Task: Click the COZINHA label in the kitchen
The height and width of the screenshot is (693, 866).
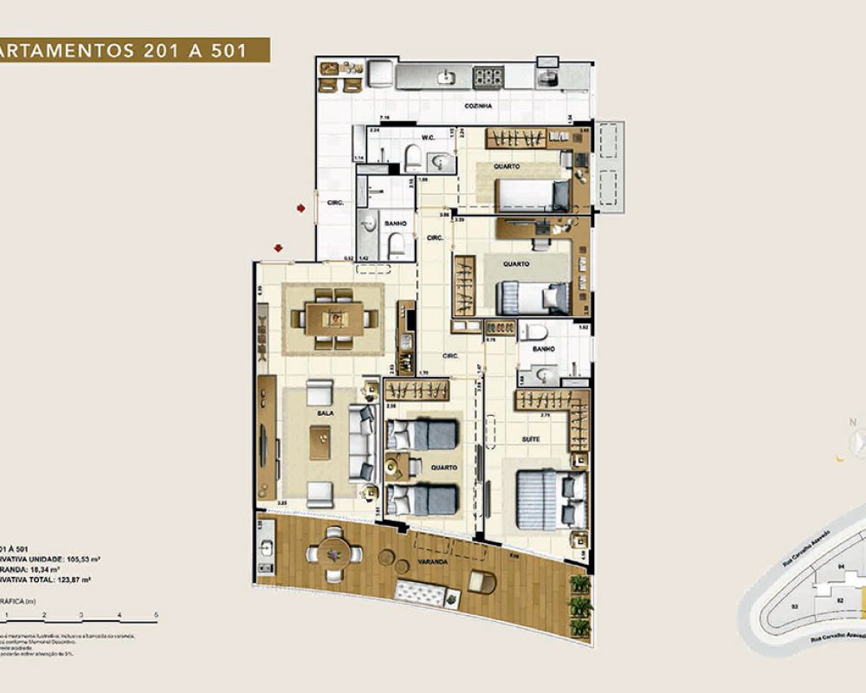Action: (478, 106)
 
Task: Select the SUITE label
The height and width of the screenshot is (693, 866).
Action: (531, 440)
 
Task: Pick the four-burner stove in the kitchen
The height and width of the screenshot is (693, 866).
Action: (488, 77)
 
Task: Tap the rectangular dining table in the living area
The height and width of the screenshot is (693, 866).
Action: (334, 318)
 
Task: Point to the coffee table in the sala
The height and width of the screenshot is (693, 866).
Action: (320, 443)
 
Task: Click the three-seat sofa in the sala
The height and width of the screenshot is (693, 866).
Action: (362, 443)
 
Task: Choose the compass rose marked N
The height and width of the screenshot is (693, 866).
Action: (856, 443)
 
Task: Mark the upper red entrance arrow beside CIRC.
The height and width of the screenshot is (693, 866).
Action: (300, 208)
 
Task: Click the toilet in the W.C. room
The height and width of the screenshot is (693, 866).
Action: (412, 159)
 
